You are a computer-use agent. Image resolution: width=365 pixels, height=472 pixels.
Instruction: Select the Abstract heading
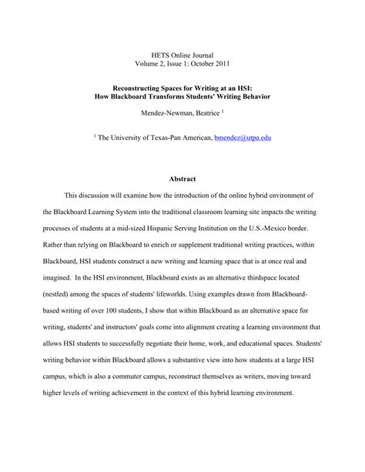click(183, 180)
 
